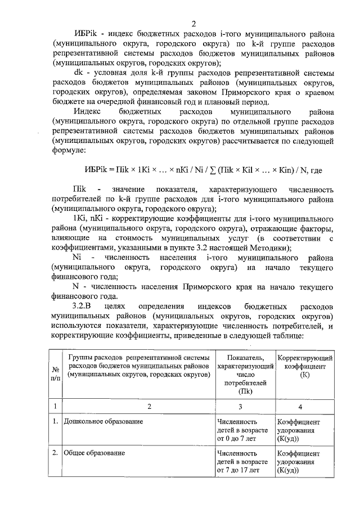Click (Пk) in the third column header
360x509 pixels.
245,391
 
